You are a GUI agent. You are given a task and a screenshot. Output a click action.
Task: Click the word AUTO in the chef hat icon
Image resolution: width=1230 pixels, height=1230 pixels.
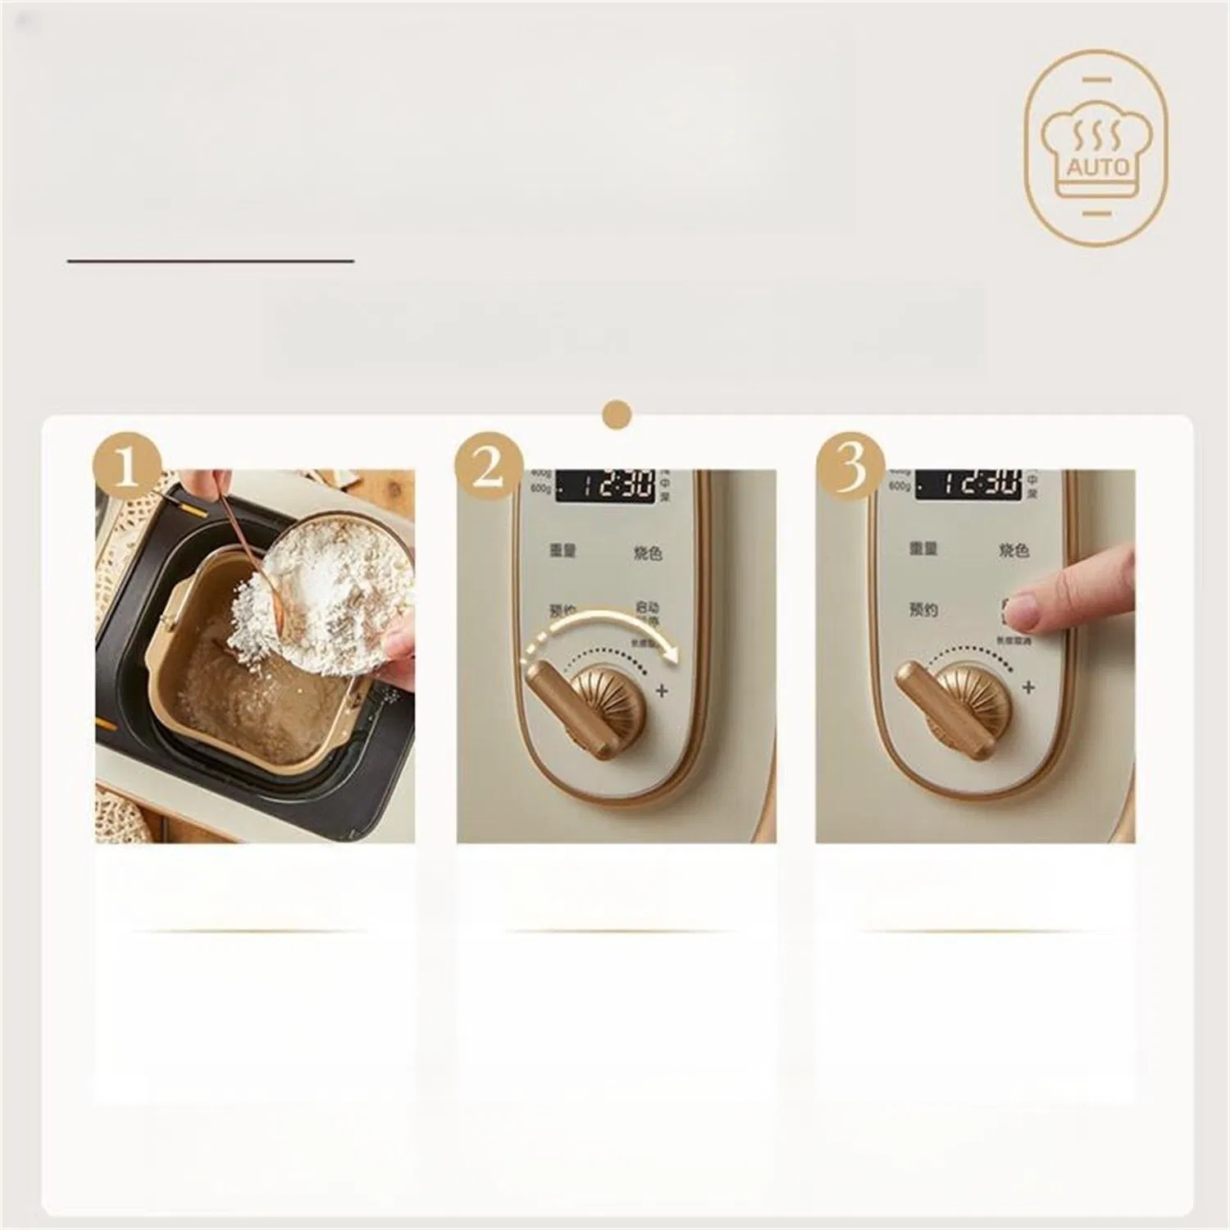tap(1098, 167)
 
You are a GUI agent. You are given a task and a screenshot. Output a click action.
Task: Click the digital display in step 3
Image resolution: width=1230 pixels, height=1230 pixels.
tap(968, 484)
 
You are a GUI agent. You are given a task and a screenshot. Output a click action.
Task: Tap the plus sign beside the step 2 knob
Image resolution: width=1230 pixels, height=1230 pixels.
tap(662, 690)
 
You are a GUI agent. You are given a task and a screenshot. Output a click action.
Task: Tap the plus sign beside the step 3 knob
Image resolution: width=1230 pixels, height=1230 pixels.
tap(1029, 687)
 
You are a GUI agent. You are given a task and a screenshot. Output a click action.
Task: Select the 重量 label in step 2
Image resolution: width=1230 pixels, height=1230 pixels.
tap(563, 549)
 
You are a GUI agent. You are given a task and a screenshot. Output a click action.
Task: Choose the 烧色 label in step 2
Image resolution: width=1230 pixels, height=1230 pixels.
tap(648, 553)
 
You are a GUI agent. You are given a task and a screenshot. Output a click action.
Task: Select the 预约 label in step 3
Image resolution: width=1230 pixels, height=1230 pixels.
tap(923, 610)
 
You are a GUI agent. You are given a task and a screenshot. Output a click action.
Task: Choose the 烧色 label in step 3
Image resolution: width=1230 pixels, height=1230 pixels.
tap(1014, 551)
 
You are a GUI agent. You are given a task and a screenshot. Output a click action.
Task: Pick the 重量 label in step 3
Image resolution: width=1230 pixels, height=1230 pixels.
tap(923, 549)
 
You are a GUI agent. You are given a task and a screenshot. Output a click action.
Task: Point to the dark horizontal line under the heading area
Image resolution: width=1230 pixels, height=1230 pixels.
tap(210, 261)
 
